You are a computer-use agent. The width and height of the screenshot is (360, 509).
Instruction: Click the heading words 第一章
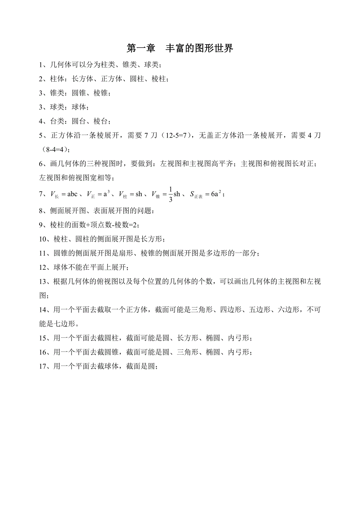pyautogui.click(x=140, y=48)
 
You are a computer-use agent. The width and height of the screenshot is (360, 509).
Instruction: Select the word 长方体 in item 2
pyautogui.click(x=83, y=79)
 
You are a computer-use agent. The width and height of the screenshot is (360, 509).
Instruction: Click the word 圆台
pyautogui.click(x=79, y=121)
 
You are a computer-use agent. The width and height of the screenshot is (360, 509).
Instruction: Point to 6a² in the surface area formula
pyautogui.click(x=217, y=194)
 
